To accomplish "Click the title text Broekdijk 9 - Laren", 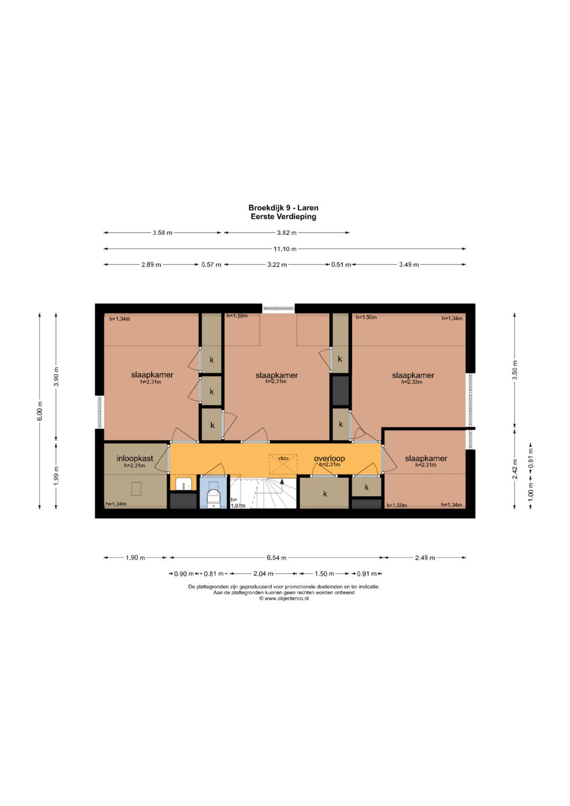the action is pos(283,207).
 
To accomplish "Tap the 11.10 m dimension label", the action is pos(285,249).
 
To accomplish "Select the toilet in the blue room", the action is pos(214,498).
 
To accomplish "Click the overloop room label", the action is pos(329,458).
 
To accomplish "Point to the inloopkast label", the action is pos(135,458).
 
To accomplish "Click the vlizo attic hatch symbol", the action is pos(283,463).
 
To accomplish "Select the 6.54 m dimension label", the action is pos(277,558).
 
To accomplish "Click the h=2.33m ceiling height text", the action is pos(412,382).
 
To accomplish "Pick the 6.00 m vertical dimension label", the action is pos(40,410).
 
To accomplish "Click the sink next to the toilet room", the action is pos(184,484).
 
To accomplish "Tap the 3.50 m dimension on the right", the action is pos(515,370).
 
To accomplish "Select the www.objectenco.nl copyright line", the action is pos(283,599).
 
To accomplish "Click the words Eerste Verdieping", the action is pos(283,216).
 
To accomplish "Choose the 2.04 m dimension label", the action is pos(263,574).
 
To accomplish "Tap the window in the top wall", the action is pos(278,308).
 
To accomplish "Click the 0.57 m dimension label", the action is pos(211,264).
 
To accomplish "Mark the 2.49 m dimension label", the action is pos(425,558).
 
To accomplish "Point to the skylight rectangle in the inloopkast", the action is pos(136,488).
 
